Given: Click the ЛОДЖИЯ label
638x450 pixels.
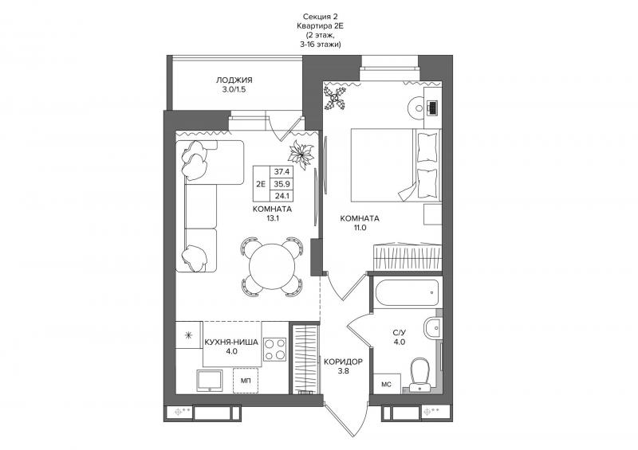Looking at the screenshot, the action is tap(234, 80).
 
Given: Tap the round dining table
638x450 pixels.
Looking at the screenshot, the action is tap(272, 266).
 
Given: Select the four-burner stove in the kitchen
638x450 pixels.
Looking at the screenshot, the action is tap(274, 350).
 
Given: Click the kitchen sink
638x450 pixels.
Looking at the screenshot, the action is tap(210, 381).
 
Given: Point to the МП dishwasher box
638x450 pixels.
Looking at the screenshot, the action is tap(246, 381).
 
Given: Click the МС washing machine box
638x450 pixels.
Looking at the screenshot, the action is tap(387, 384).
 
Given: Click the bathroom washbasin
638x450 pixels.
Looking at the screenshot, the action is tap(432, 328).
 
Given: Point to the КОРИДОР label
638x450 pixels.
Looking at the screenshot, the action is tap(343, 362).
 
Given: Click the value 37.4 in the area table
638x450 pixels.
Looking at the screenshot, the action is tap(282, 171).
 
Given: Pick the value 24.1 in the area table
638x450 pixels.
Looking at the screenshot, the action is tap(282, 195).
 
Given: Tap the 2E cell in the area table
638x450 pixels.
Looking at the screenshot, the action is tap(261, 184).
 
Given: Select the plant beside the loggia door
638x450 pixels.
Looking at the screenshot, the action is tap(301, 155).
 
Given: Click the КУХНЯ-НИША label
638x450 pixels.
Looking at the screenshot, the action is tap(231, 342).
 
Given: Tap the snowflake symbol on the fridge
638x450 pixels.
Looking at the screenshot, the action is tap(188, 335).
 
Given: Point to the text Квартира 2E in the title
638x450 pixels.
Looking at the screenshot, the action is tap(321, 26).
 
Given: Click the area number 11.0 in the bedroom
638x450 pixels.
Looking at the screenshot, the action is tap(360, 228).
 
